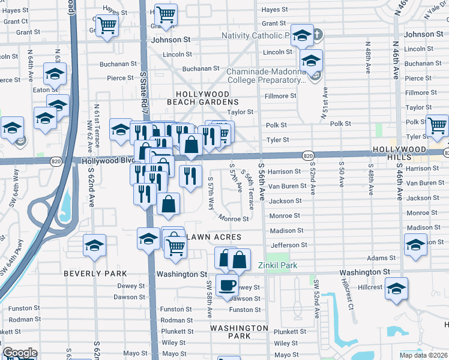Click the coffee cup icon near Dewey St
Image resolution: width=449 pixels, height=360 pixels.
[x=227, y=286]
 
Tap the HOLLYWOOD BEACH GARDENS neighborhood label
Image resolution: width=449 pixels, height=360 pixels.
[x=202, y=99]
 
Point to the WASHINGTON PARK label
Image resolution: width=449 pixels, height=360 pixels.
[x=239, y=332]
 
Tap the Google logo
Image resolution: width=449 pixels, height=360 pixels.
[x=20, y=353]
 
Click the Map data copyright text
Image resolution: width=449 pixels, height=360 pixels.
[x=424, y=355]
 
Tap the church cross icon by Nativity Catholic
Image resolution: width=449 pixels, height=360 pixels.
[x=317, y=35]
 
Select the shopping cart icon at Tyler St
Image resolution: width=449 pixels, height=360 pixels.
[x=437, y=125]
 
